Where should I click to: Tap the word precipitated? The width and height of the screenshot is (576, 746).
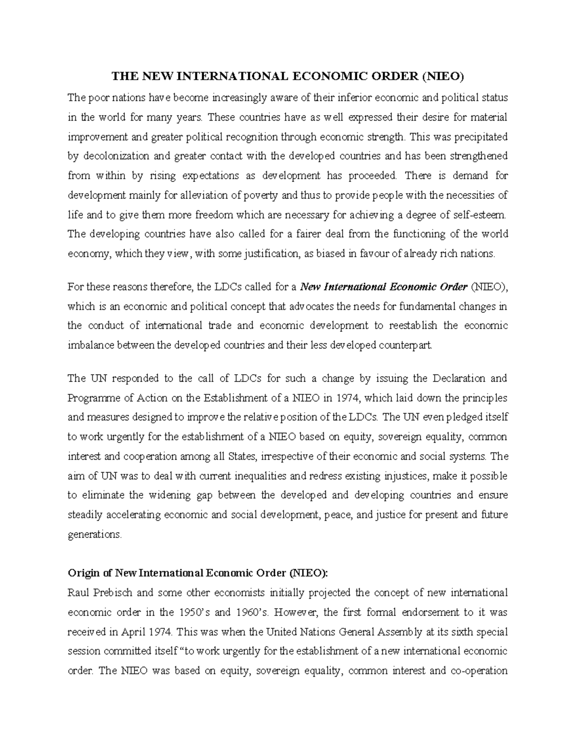[479, 137]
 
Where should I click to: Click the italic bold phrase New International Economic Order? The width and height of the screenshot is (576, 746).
[384, 287]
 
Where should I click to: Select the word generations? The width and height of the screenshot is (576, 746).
[95, 534]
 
